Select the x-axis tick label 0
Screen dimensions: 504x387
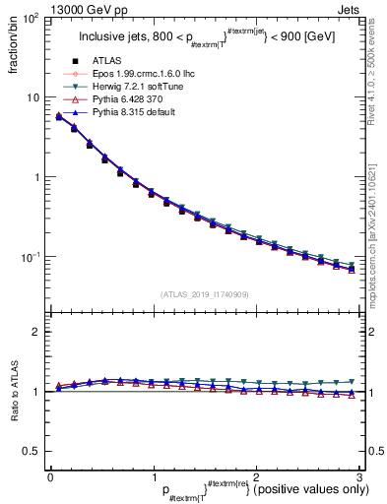tap(50, 476)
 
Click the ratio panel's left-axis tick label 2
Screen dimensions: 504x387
tap(36, 333)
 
